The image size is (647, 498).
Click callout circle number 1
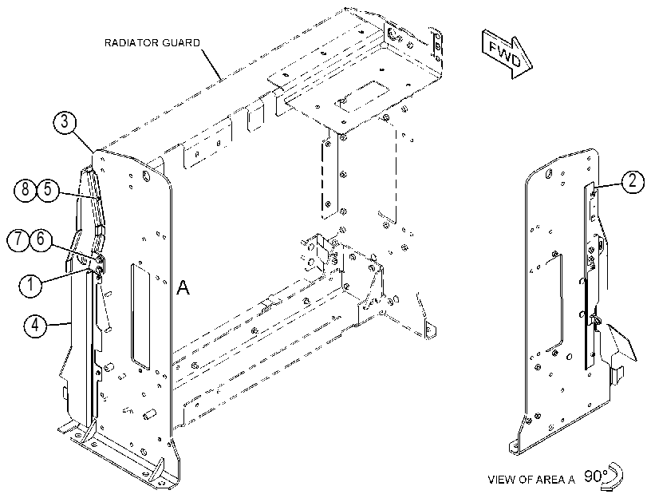(x=31, y=285)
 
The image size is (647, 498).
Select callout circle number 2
(x=632, y=182)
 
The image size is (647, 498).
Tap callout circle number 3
(x=65, y=122)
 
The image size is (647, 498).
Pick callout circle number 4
(x=35, y=325)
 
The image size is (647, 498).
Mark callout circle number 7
(x=18, y=239)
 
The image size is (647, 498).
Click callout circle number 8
(x=26, y=189)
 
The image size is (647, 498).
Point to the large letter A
(x=183, y=287)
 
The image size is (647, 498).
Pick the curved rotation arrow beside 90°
(x=616, y=476)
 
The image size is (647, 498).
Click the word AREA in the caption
(x=549, y=480)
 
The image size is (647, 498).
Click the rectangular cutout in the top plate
(x=364, y=96)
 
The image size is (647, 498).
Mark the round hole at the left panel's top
(x=146, y=176)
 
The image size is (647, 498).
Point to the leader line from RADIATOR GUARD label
(x=212, y=64)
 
